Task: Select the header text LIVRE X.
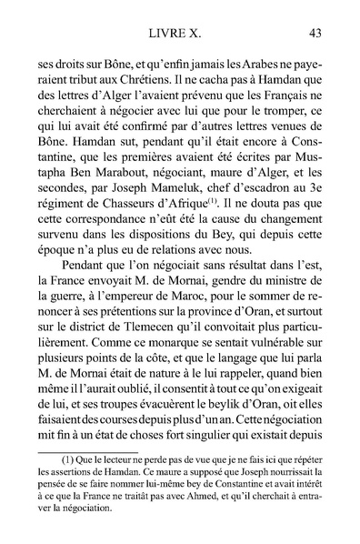(x=179, y=34)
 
